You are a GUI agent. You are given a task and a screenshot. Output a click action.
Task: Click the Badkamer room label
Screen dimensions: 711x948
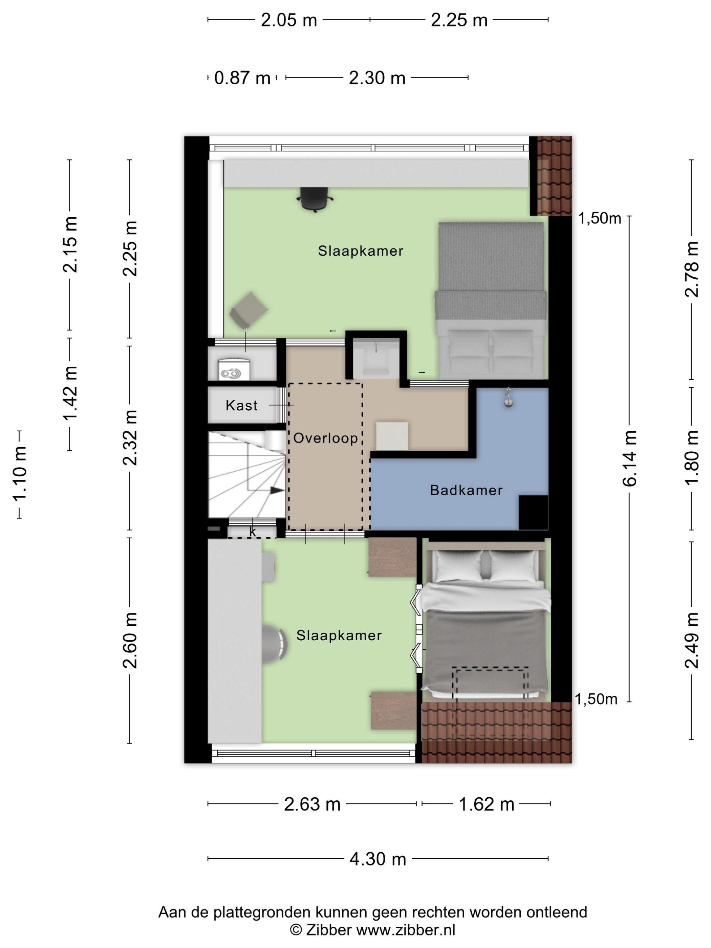tap(466, 490)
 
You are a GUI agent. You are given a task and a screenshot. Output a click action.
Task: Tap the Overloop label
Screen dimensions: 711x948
tap(326, 437)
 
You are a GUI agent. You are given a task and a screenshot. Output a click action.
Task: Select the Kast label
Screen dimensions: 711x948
tap(242, 405)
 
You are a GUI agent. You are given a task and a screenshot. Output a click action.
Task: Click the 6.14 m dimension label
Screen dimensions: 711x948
tap(629, 458)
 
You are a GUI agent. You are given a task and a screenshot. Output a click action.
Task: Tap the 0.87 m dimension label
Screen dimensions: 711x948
tap(242, 78)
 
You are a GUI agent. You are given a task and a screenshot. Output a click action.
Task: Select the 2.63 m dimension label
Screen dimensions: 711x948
tap(312, 804)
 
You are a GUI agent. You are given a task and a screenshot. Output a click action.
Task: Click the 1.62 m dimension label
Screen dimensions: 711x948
tap(487, 804)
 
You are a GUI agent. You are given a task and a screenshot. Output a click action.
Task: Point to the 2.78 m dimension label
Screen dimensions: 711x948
tap(691, 269)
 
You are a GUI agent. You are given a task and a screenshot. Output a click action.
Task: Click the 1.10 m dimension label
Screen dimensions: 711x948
tap(20, 473)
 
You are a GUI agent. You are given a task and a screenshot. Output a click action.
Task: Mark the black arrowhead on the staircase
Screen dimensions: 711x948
tap(277, 491)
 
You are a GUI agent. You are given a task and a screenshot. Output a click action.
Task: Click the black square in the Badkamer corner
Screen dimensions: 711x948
tap(534, 513)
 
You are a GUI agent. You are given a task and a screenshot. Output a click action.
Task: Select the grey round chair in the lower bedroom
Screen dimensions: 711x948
tap(274, 644)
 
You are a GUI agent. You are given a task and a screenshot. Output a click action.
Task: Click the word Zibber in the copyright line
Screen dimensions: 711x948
tap(328, 930)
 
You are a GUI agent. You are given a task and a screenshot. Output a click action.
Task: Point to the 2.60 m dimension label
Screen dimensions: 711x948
tap(130, 640)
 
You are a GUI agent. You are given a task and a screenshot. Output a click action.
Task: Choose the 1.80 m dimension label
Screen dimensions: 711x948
tap(691, 458)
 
